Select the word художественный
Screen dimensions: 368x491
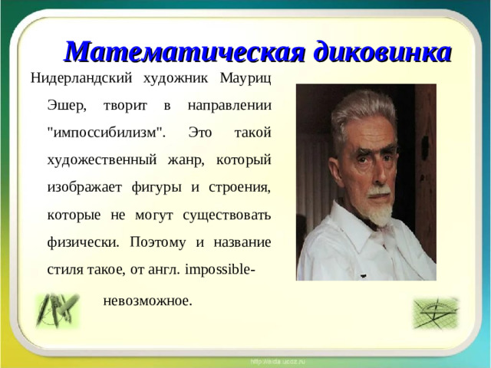click(101, 159)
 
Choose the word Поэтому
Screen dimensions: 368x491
click(157, 242)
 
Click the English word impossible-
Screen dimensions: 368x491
click(220, 270)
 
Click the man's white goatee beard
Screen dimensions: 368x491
click(379, 209)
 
